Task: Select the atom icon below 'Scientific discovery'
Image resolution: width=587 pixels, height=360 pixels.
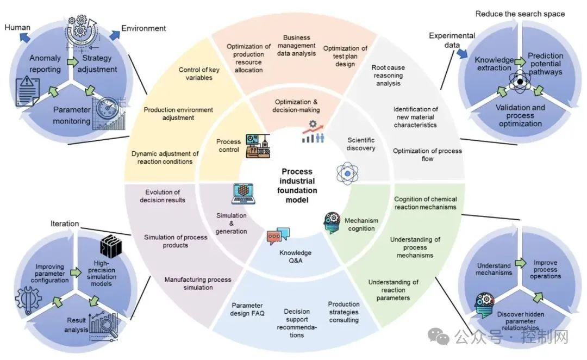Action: (346, 173)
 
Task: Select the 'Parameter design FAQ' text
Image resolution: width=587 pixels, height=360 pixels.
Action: (247, 309)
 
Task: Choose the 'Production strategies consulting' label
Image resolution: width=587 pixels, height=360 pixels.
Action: (344, 312)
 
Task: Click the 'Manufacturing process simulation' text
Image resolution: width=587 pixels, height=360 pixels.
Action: (198, 283)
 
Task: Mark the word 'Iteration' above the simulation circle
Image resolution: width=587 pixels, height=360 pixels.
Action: (65, 224)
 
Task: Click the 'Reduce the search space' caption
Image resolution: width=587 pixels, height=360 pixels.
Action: (520, 14)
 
